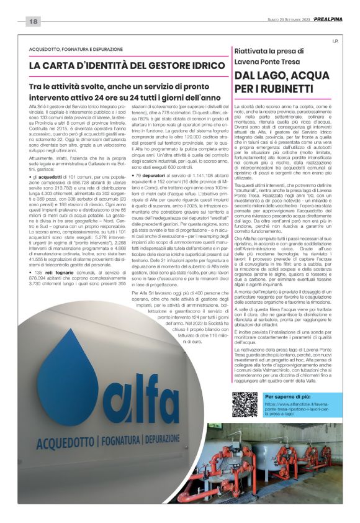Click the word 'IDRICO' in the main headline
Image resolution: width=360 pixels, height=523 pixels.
[x=198, y=65]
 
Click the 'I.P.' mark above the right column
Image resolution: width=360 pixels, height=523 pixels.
[x=335, y=42]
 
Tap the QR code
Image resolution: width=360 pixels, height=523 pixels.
[x=245, y=404]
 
